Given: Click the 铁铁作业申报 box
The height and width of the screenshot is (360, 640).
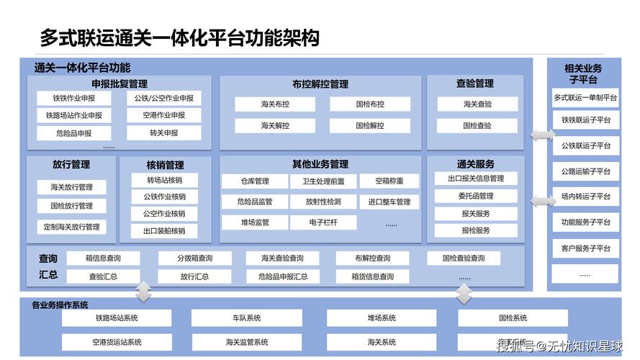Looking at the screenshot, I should tap(73, 98).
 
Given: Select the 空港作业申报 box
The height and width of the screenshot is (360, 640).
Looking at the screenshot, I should tap(163, 115).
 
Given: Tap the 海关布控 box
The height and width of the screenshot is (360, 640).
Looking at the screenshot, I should tap(275, 104).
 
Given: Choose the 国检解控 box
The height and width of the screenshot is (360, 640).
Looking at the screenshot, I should tap(370, 125).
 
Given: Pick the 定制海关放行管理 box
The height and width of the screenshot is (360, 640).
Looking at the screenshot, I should tap(71, 227).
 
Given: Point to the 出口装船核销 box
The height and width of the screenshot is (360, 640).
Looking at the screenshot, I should tap(164, 231).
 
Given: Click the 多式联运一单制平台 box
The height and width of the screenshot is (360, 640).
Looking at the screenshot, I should tap(585, 97).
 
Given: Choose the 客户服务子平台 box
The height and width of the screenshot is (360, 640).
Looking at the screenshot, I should tap(585, 248).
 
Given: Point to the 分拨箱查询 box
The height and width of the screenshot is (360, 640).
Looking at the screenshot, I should tap(194, 258).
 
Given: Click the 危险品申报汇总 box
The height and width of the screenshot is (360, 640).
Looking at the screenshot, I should tap(283, 276).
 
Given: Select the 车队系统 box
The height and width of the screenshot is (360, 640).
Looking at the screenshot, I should tap(247, 318).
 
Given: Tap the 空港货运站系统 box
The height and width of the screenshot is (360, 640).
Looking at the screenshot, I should tap(117, 342).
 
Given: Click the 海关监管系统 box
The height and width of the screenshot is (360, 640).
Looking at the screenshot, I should tap(247, 342).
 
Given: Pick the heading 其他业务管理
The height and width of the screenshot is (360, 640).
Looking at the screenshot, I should tap(320, 164).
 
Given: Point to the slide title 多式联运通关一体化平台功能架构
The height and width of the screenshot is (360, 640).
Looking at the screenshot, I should tap(179, 37).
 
